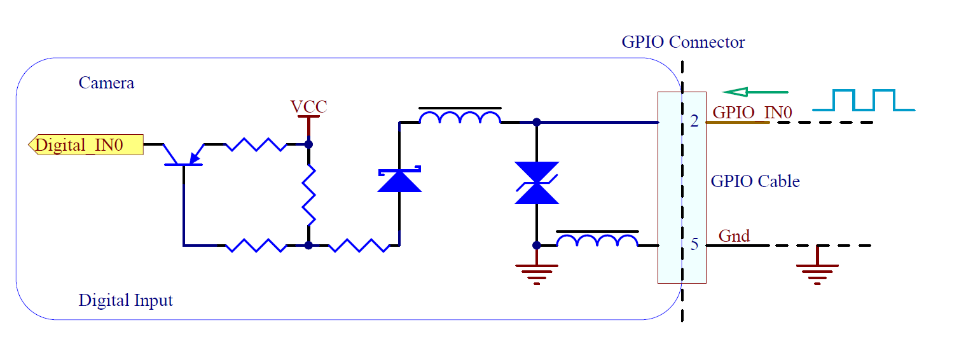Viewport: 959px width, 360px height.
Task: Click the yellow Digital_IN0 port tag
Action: (85, 145)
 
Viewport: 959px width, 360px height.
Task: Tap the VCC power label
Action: (308, 106)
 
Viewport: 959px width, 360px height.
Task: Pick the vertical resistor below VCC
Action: (308, 195)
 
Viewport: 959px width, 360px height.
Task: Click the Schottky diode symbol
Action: (399, 181)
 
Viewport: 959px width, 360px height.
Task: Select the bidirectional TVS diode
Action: (537, 183)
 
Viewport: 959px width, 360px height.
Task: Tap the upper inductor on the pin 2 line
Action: (460, 118)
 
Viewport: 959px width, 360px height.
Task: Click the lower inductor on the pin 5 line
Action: (597, 240)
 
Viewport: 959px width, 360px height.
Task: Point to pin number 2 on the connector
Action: (694, 121)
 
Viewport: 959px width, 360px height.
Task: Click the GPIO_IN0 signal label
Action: (752, 113)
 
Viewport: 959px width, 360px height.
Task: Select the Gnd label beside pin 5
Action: (734, 236)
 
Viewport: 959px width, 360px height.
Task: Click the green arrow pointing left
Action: (755, 92)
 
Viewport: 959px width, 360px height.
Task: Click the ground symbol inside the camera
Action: (537, 273)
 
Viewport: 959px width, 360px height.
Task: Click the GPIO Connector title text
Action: (683, 43)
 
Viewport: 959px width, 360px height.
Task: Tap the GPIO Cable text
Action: (755, 181)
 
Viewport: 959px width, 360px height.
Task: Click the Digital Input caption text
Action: (125, 300)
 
